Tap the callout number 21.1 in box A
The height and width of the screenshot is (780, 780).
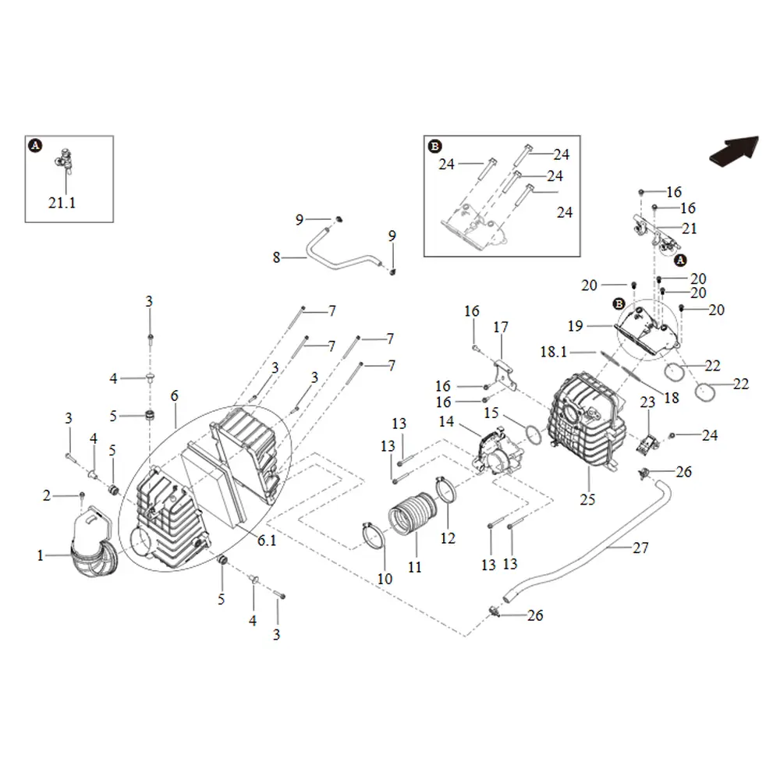coord(62,203)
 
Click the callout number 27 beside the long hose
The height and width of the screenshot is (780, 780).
coord(640,548)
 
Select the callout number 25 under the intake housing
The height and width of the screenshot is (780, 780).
coord(587,499)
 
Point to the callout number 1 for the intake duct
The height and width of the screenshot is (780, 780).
coord(41,555)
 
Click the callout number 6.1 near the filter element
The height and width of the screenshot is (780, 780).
coord(267,541)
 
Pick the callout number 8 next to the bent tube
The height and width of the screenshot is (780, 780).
coord(277,257)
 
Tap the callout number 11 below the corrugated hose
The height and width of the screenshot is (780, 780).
coord(414,566)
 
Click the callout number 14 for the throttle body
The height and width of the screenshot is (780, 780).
coord(446,421)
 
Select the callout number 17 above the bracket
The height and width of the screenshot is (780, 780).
coord(501,327)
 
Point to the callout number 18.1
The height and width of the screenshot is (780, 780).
coord(554,352)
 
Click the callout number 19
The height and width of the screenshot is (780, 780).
coord(575,326)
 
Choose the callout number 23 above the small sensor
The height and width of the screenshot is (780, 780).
coord(647,402)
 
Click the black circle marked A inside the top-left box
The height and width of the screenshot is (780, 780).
coord(35,145)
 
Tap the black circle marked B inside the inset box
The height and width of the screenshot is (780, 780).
coord(434,147)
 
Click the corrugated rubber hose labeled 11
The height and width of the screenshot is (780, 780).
coord(413,514)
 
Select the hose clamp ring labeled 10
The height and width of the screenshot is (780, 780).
coord(374,535)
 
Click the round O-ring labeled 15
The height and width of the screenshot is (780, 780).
coord(534,434)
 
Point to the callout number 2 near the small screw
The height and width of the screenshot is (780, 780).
coord(46,495)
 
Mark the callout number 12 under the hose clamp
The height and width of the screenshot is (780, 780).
coord(448,537)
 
